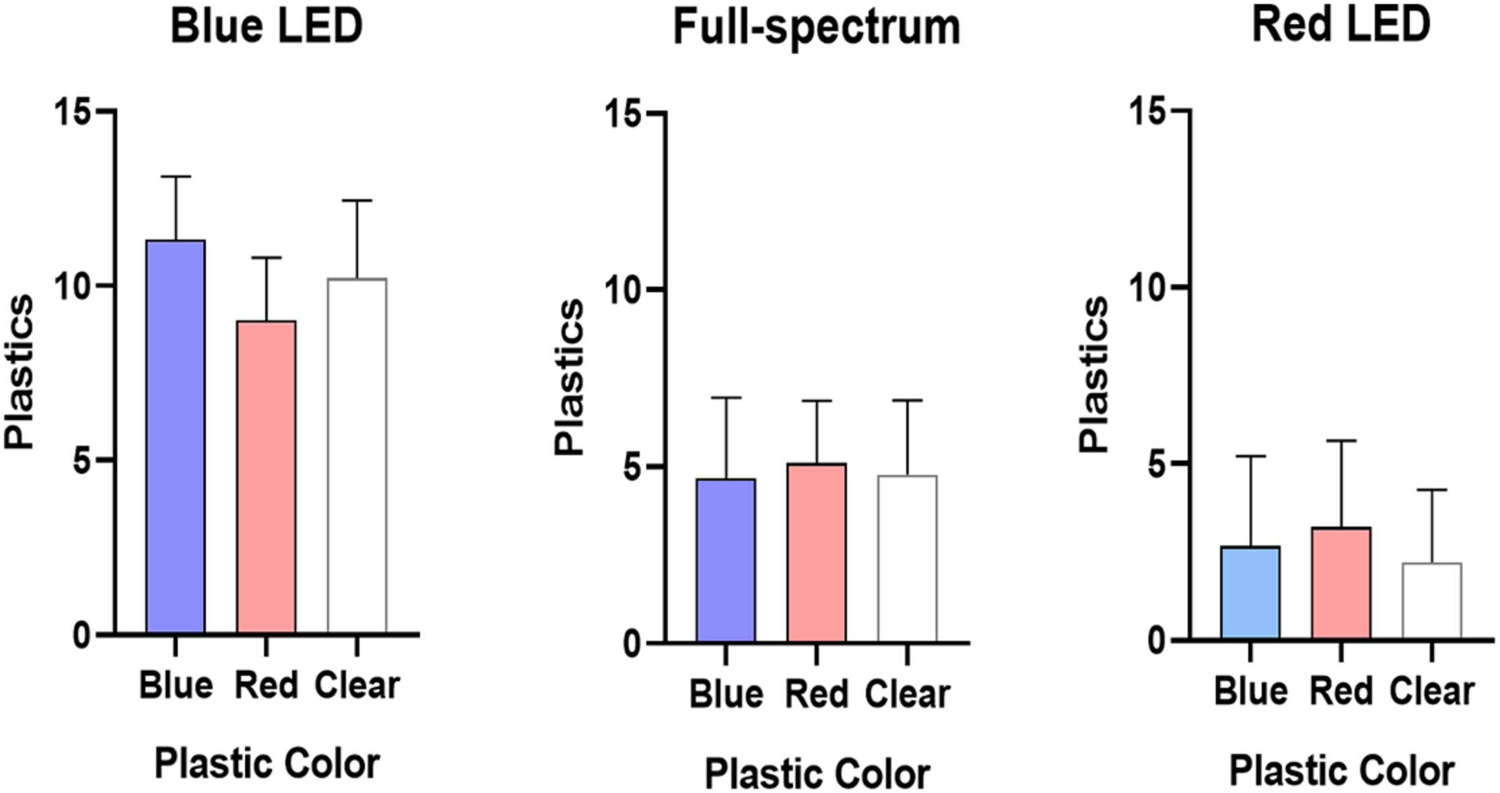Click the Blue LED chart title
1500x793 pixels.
pyautogui.click(x=267, y=27)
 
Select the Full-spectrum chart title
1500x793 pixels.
pyautogui.click(x=817, y=28)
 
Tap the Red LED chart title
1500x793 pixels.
pyautogui.click(x=1341, y=26)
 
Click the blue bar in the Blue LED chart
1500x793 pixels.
pyautogui.click(x=176, y=438)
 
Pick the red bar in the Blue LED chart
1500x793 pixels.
pyautogui.click(x=266, y=478)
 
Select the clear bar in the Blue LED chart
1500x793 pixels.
pyautogui.click(x=357, y=456)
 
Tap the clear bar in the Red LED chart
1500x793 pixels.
pyautogui.click(x=1432, y=601)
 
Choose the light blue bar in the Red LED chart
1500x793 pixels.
pyautogui.click(x=1250, y=592)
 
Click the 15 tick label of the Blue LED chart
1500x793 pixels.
pyautogui.click(x=73, y=112)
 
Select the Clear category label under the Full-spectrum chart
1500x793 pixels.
pyautogui.click(x=907, y=694)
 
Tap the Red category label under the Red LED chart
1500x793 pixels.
pyautogui.click(x=1340, y=691)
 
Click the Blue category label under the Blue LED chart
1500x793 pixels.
pyautogui.click(x=176, y=685)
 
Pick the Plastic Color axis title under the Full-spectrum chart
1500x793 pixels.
pyautogui.click(x=817, y=774)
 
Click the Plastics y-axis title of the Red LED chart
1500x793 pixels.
pyautogui.click(x=1094, y=374)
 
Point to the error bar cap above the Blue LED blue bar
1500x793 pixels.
pyautogui.click(x=176, y=177)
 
